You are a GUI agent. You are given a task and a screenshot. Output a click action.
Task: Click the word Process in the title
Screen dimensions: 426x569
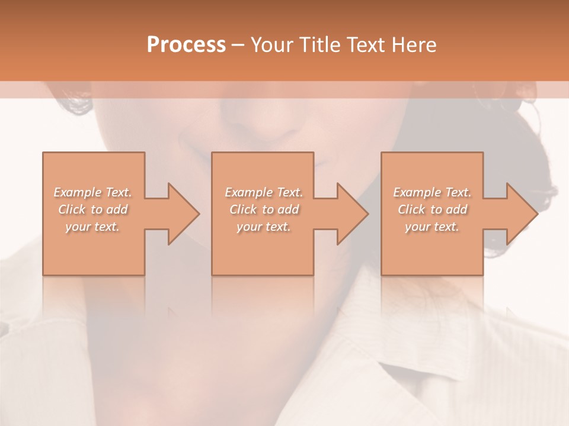186,45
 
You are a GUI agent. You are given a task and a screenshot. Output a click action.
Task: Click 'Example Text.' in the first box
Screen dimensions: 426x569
92,192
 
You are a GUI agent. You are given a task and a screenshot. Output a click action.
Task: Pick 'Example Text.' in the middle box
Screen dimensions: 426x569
263,192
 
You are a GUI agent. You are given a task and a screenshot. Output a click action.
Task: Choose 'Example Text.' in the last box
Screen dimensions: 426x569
432,192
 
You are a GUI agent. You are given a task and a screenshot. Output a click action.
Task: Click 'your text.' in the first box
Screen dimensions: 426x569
92,227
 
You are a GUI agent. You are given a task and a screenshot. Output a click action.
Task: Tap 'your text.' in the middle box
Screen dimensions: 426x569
263,227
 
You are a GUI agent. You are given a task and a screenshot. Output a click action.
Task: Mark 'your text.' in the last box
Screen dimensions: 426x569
432,227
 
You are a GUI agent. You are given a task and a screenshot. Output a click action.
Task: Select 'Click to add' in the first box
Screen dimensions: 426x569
92,209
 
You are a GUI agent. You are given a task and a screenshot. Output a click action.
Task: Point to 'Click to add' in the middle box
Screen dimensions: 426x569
263,209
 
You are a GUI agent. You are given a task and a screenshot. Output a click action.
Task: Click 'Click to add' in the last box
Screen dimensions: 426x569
432,209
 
